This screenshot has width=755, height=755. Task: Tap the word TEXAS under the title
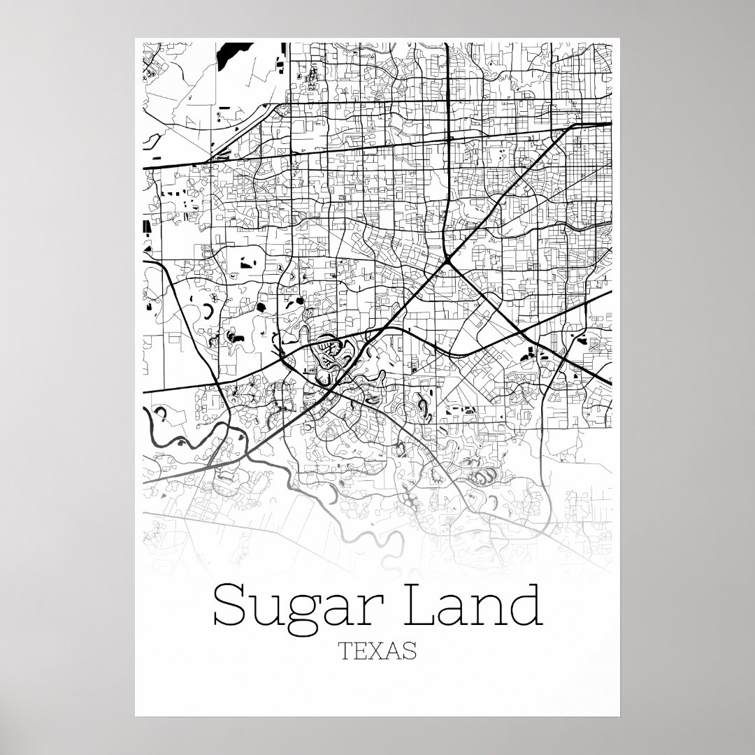click(377, 652)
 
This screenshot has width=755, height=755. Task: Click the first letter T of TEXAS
click(345, 652)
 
